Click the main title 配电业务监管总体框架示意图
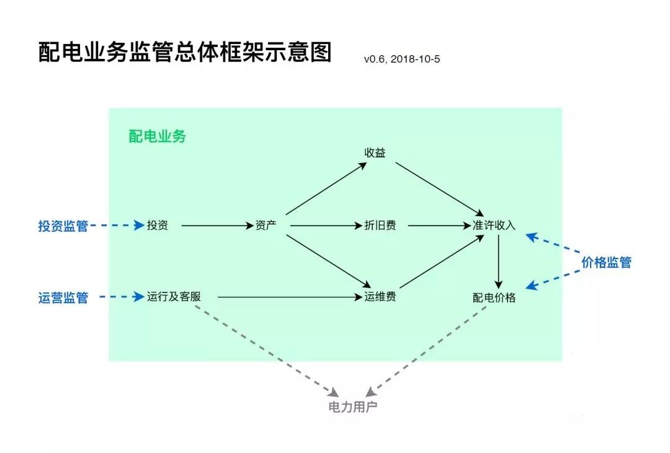pos(185,53)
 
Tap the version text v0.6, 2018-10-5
pos(402,59)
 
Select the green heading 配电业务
pos(157,136)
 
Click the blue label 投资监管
pos(63,226)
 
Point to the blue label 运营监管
pos(63,298)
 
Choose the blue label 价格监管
pos(606,262)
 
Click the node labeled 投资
pos(158,226)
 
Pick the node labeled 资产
pos(266,226)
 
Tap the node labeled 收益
pos(375,152)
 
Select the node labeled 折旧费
pos(380,226)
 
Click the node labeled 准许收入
pos(494,226)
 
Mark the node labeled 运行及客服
pos(174,297)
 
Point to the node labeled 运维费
pos(380,297)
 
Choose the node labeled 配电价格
pos(494,297)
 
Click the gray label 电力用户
pos(352,407)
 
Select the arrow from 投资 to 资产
pos(211,226)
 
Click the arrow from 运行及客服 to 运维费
pos(288,297)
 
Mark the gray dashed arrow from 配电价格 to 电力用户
pos(428,350)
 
